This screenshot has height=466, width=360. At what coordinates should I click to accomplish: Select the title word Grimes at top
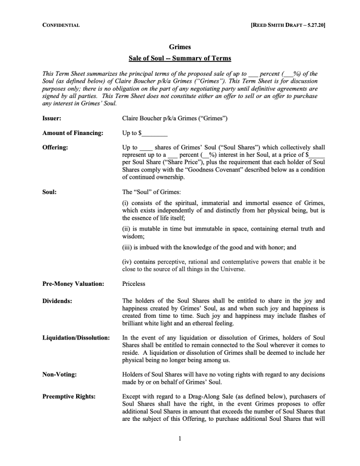tap(180, 47)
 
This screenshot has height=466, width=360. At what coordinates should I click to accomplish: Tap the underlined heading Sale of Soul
tap(180, 58)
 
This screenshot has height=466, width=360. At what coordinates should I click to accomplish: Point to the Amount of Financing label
tap(73, 133)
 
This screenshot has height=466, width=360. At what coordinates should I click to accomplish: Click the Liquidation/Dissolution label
tap(76, 338)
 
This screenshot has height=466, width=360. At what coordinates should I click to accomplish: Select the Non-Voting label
tap(60, 375)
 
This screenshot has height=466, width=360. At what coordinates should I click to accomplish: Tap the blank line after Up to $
tap(154, 134)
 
